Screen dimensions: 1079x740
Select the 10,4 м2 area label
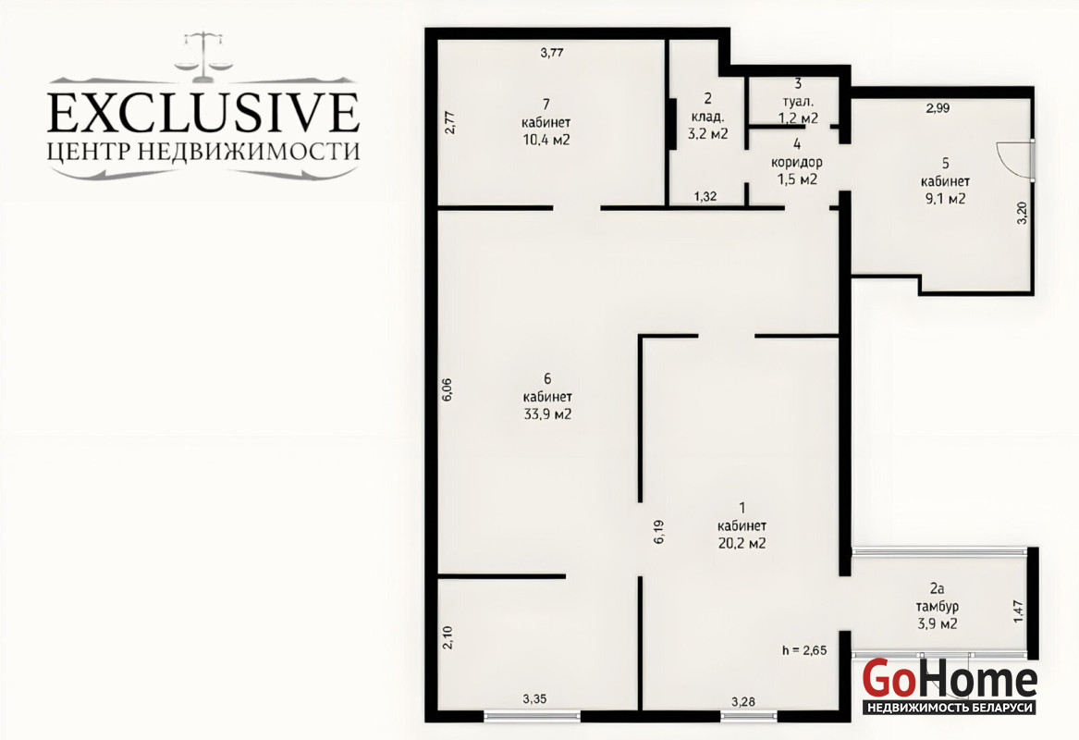click(x=546, y=141)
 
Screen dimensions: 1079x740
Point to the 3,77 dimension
click(x=552, y=52)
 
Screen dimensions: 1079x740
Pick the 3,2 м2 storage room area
click(x=707, y=133)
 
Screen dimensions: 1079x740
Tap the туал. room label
click(x=798, y=101)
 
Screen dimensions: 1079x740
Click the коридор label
click(x=797, y=163)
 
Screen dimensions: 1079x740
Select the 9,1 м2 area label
click(x=945, y=199)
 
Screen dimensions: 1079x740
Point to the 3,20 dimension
click(x=1023, y=212)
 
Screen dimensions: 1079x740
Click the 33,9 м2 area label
click(x=547, y=414)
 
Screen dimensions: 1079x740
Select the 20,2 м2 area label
click(x=742, y=543)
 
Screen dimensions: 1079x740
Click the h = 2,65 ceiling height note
click(x=804, y=650)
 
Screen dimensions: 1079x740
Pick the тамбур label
click(x=937, y=607)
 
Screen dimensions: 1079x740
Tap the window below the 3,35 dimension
click(x=532, y=716)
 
